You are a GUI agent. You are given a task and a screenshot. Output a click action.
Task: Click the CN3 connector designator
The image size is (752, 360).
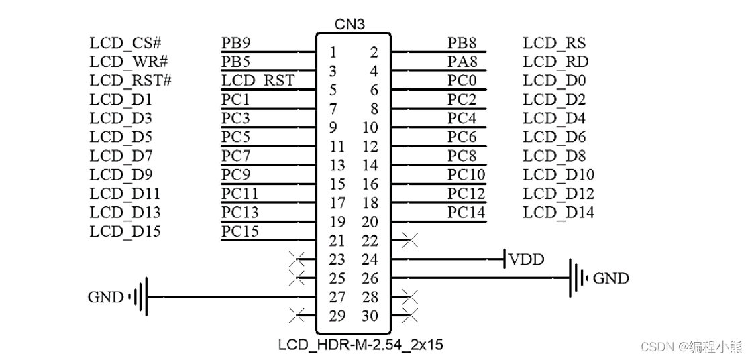pyautogui.click(x=350, y=25)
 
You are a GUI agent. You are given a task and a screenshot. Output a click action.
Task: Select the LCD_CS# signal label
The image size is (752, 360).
pyautogui.click(x=125, y=44)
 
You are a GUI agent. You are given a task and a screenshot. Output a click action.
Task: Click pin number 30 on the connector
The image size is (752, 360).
pyautogui.click(x=370, y=316)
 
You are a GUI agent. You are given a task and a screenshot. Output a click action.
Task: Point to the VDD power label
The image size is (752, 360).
pyautogui.click(x=527, y=259)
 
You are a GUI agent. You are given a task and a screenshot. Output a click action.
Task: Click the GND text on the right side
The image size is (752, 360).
pyautogui.click(x=611, y=278)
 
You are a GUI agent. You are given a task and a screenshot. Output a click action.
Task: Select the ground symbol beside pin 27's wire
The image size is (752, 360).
pyautogui.click(x=140, y=297)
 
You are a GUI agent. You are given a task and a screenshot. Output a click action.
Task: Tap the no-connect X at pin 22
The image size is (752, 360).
pyautogui.click(x=409, y=239)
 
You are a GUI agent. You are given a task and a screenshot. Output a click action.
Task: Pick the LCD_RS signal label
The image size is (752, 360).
pyautogui.click(x=554, y=44)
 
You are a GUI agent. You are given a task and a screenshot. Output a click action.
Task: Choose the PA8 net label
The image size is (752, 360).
pyautogui.click(x=462, y=62)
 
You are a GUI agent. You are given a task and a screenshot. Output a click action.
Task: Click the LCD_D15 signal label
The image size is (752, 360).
pyautogui.click(x=125, y=231)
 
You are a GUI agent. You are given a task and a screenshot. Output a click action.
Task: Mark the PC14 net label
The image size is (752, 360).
pyautogui.click(x=466, y=213)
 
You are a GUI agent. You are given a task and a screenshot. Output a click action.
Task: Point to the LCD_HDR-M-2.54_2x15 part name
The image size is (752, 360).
pyautogui.click(x=360, y=346)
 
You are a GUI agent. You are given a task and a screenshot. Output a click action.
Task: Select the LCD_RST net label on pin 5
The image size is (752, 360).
pyautogui.click(x=258, y=81)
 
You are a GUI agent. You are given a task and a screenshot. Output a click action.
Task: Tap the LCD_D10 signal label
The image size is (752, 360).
pyautogui.click(x=558, y=175)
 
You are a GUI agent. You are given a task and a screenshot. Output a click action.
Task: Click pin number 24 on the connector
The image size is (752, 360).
pyautogui.click(x=370, y=259)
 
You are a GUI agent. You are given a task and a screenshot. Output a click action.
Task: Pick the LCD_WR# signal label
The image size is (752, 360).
pyautogui.click(x=128, y=62)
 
